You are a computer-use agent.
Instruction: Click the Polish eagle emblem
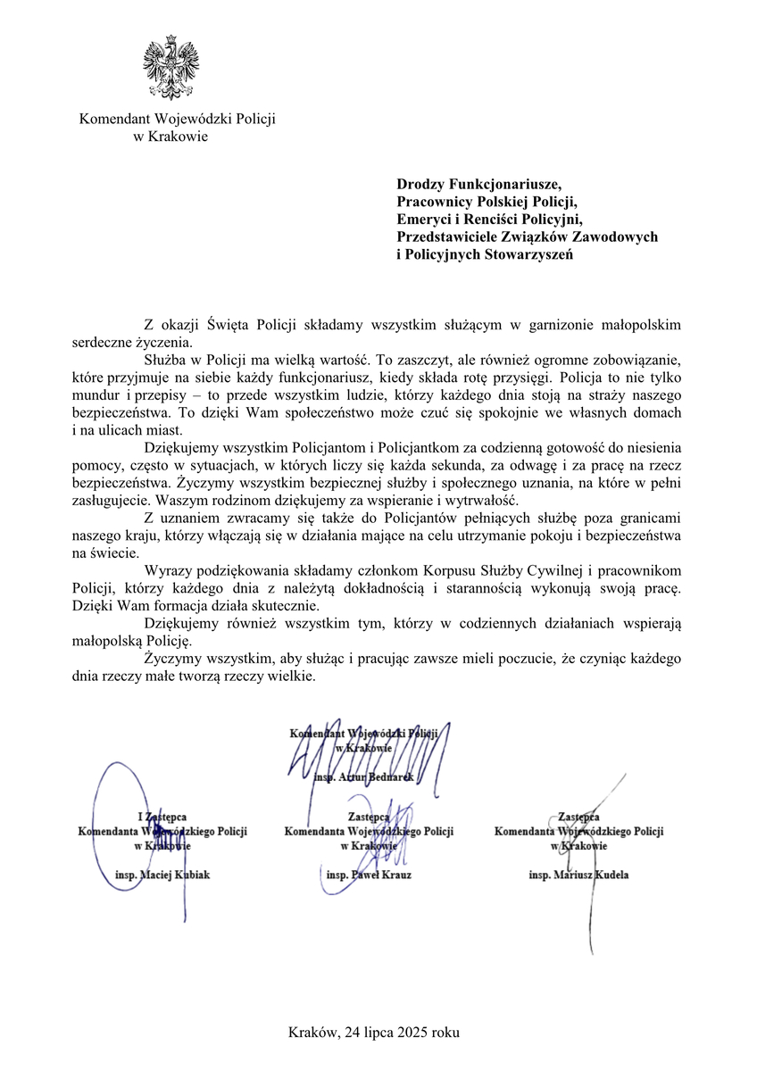click(x=171, y=69)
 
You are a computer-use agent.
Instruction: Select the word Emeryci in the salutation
click(x=427, y=219)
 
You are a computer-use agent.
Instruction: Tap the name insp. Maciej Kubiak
click(x=162, y=875)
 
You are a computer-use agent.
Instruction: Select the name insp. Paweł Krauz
click(x=369, y=875)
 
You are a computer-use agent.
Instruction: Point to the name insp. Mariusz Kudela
click(x=578, y=875)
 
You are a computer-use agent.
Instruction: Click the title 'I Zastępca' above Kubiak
click(x=162, y=817)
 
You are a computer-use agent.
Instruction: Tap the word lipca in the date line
click(x=374, y=1033)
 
